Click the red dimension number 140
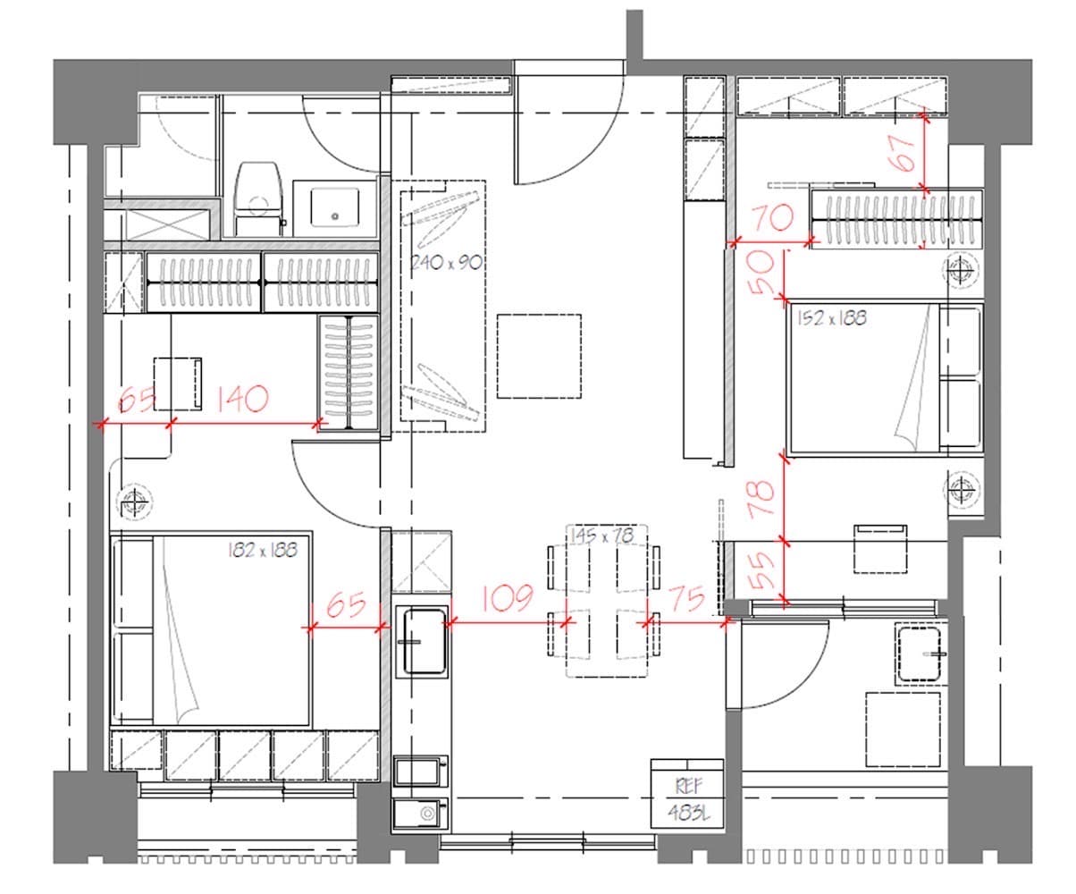(x=241, y=399)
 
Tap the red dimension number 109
(x=507, y=598)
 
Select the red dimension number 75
(x=687, y=599)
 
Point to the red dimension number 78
(x=762, y=498)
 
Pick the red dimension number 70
(x=774, y=217)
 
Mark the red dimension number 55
(x=762, y=570)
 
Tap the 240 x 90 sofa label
(x=446, y=263)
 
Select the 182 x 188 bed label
(x=263, y=550)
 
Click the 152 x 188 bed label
(x=832, y=318)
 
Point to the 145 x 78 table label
(x=602, y=536)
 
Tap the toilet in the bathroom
(x=258, y=199)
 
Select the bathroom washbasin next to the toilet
(x=335, y=207)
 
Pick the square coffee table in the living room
(x=539, y=357)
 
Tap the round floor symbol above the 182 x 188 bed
(x=135, y=501)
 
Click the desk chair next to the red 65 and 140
(x=178, y=384)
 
